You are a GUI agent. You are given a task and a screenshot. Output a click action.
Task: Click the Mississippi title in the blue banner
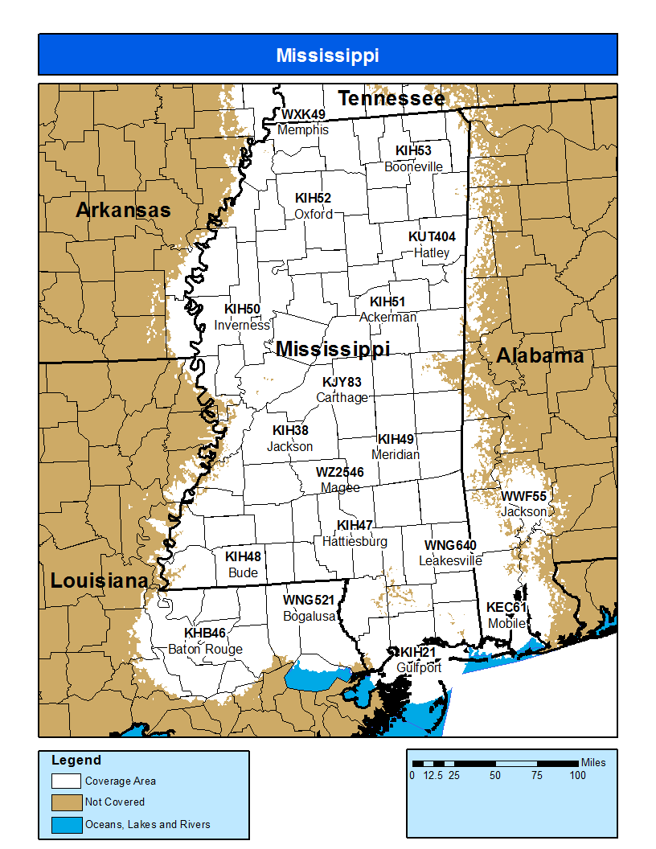327,55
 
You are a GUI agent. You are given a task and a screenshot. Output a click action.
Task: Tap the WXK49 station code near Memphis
303,115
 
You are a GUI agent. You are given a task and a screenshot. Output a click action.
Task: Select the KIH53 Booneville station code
413,151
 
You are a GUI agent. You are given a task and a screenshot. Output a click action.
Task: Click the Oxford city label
313,214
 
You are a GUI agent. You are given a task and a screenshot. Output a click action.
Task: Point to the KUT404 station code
432,237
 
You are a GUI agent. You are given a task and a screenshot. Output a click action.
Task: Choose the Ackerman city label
387,317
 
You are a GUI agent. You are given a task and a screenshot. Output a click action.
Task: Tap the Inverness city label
242,325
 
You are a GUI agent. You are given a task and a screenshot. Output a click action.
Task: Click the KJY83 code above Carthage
342,382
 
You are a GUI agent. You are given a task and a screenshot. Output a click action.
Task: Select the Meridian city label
396,454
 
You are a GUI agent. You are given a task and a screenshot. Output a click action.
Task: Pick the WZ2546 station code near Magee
339,473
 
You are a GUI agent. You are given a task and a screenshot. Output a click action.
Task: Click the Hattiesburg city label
355,541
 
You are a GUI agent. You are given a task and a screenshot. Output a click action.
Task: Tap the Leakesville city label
450,560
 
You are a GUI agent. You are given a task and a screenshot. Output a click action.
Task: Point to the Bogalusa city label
309,616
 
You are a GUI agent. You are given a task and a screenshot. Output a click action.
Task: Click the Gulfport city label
419,667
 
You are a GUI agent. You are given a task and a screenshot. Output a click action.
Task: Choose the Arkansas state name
123,211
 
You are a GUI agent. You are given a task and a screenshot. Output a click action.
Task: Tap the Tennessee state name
391,99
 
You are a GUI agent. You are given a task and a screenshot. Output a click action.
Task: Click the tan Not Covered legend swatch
67,802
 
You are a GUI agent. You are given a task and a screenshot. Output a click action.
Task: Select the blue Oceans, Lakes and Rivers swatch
67,824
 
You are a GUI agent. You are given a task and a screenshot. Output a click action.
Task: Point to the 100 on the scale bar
577,776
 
